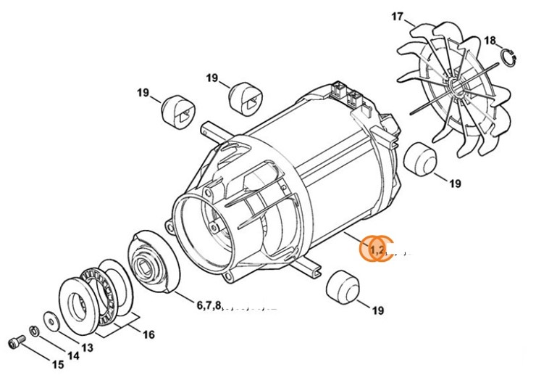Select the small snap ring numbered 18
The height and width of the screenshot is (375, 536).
click(510, 57)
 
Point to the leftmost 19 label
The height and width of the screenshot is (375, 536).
click(143, 93)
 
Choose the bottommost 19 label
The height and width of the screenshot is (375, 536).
click(377, 310)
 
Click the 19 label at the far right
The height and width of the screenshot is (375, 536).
click(454, 184)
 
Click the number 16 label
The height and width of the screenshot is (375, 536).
click(148, 334)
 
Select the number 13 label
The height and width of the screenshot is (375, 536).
click(87, 347)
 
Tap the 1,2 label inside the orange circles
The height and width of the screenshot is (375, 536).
click(377, 250)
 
